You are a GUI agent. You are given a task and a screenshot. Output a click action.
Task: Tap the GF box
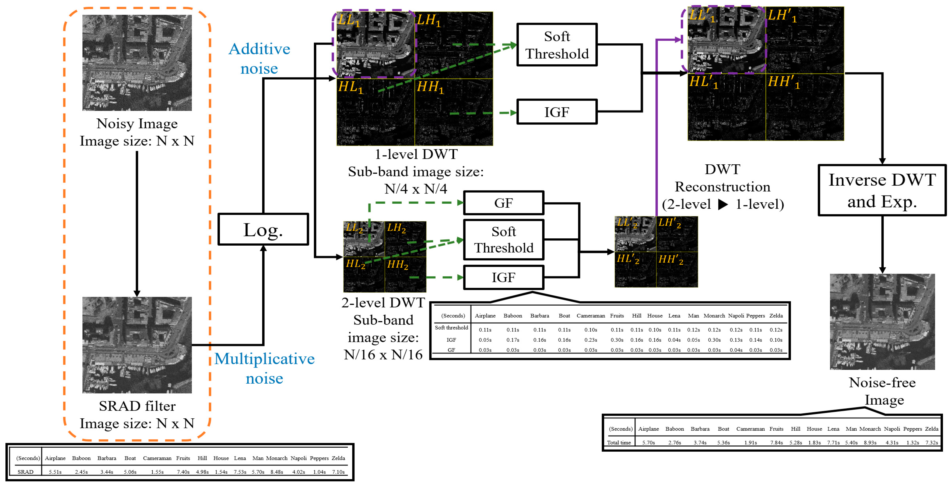tap(504, 203)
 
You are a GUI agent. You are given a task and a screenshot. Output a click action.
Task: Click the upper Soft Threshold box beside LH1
tap(557, 45)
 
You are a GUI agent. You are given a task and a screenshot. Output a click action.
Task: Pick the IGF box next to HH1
tap(557, 112)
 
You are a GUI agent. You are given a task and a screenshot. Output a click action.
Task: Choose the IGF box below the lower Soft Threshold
tap(504, 277)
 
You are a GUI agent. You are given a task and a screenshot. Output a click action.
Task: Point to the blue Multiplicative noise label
tap(264, 368)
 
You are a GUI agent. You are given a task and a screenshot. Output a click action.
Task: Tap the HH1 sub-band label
tap(430, 87)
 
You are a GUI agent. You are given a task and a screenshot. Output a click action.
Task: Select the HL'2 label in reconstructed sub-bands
tap(628, 259)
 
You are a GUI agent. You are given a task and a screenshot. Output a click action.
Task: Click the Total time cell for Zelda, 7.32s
tap(931, 442)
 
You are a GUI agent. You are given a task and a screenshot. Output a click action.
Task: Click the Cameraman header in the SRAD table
tap(157, 458)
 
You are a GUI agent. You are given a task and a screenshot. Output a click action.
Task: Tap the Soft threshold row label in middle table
tap(451, 328)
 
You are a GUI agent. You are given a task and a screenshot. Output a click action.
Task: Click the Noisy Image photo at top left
tap(137, 63)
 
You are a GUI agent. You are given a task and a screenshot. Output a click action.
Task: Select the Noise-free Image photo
tap(882, 322)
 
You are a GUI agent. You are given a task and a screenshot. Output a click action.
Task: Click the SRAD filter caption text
tap(137, 406)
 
